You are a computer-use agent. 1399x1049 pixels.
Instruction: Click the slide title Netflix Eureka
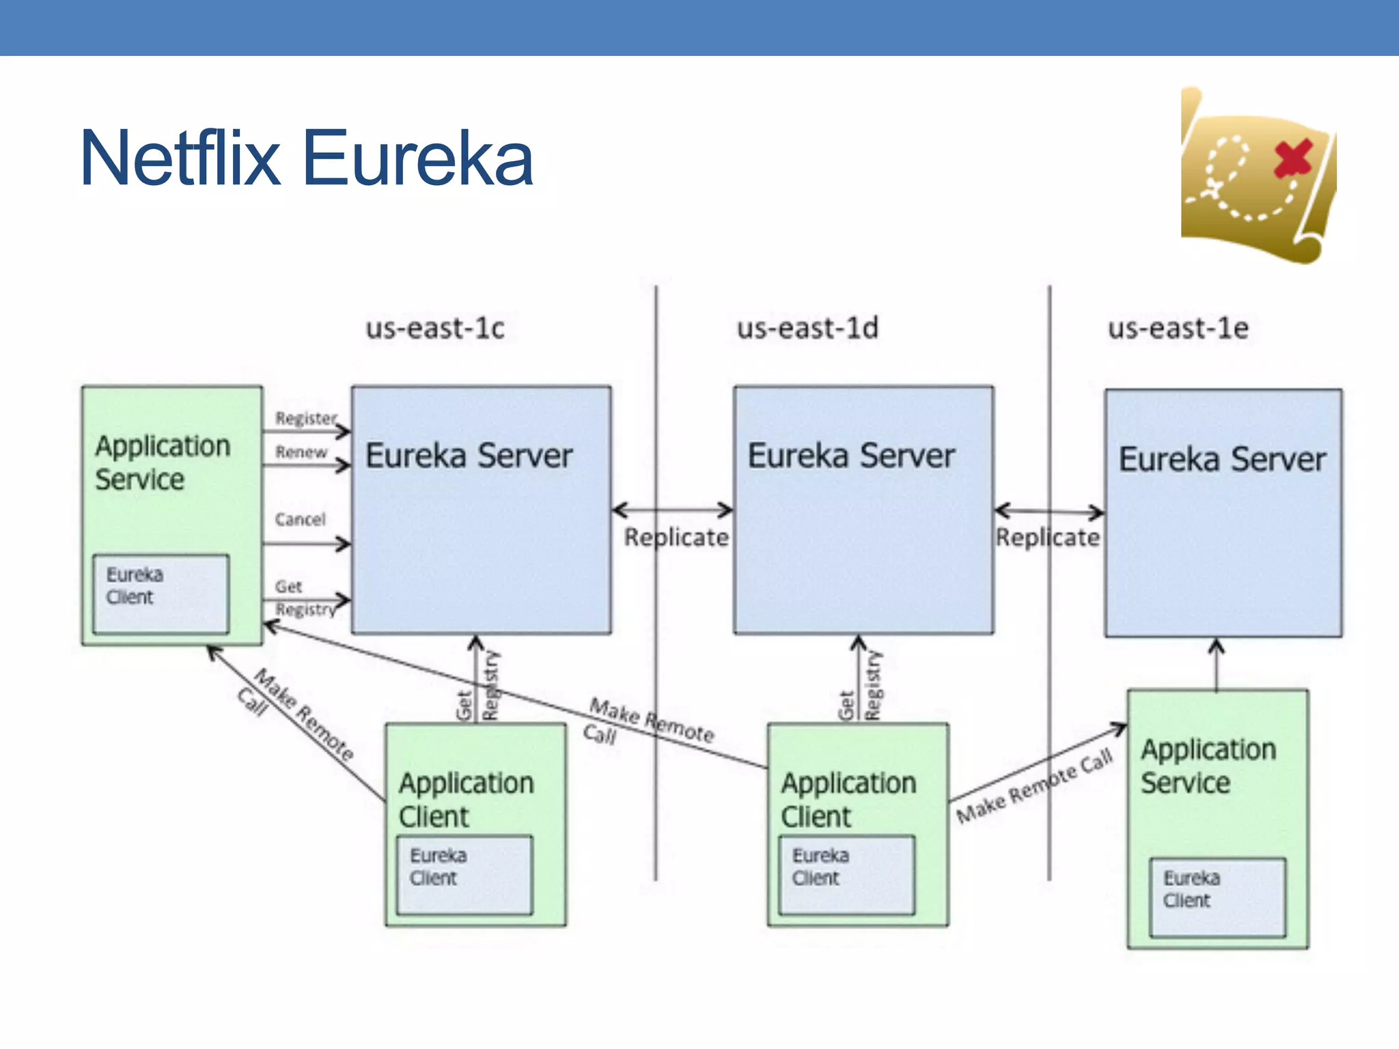click(x=306, y=158)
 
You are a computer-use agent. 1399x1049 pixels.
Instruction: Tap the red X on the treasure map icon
click(x=1292, y=158)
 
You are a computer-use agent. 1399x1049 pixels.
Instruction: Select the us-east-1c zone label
click(x=435, y=328)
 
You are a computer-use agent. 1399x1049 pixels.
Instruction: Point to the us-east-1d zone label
click(x=807, y=328)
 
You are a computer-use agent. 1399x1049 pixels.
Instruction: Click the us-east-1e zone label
click(x=1178, y=328)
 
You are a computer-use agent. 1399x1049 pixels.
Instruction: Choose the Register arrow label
click(x=305, y=418)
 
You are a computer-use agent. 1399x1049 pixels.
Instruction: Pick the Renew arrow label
click(x=301, y=452)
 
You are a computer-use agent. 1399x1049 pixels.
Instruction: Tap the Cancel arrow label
click(x=301, y=520)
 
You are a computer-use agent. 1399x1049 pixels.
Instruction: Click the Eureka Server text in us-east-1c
click(x=469, y=456)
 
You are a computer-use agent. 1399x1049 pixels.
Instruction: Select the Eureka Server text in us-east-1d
click(x=851, y=456)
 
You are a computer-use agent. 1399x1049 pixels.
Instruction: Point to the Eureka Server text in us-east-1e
click(x=1222, y=460)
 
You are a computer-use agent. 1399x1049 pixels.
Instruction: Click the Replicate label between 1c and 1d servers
click(x=676, y=538)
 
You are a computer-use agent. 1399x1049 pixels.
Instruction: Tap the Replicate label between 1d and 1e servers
click(x=1048, y=538)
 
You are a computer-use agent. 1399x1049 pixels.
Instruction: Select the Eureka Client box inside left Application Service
click(x=161, y=593)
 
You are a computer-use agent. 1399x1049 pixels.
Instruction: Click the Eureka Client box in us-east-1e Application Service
click(x=1217, y=897)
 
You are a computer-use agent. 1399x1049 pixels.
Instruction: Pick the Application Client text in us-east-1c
click(x=466, y=800)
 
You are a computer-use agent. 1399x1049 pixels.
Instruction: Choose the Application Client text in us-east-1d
click(x=848, y=800)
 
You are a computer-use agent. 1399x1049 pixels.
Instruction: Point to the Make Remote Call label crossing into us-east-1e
click(x=1034, y=786)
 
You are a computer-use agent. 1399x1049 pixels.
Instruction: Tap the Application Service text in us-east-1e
click(x=1208, y=766)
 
